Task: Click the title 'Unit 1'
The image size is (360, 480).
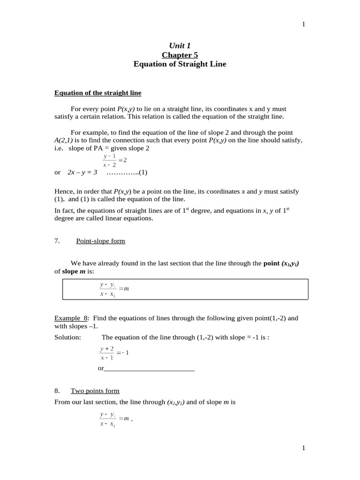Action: (x=180, y=45)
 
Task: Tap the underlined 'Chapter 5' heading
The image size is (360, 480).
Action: (x=180, y=55)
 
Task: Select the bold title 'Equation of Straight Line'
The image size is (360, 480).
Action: (x=180, y=64)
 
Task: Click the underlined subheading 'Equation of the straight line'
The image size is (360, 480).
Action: (x=97, y=93)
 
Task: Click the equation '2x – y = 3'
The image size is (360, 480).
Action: (x=82, y=172)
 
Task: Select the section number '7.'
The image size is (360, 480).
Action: (x=57, y=241)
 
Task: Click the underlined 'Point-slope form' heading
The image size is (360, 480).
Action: (x=100, y=241)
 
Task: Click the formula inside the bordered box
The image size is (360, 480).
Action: (x=114, y=289)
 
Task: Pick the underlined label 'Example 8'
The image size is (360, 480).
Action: (x=70, y=318)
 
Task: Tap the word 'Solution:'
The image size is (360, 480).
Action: (x=67, y=337)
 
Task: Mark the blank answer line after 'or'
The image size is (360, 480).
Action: (x=149, y=368)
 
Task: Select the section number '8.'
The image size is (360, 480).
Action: (x=57, y=390)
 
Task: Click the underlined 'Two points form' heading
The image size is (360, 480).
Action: (x=95, y=390)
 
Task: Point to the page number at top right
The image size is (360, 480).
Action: (x=303, y=24)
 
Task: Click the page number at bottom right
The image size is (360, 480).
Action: (x=303, y=448)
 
